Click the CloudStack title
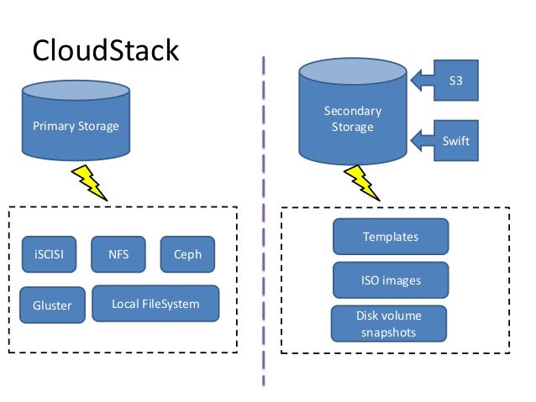click(x=106, y=50)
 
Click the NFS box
click(x=118, y=254)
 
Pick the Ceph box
click(x=187, y=254)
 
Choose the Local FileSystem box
click(x=155, y=303)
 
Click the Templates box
click(x=390, y=237)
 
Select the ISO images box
click(x=390, y=280)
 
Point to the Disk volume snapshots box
click(x=388, y=324)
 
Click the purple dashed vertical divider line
click(x=264, y=218)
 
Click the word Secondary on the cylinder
click(x=353, y=111)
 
